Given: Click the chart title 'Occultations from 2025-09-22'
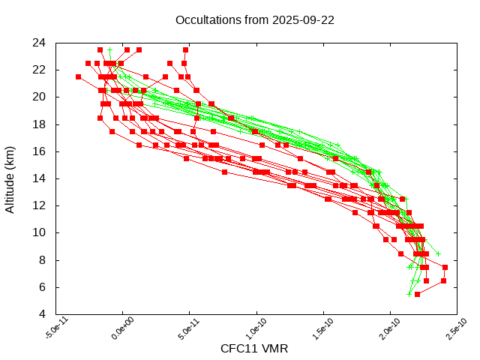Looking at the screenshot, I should pyautogui.click(x=254, y=20).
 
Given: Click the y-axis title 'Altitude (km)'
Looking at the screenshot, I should pyautogui.click(x=10, y=178).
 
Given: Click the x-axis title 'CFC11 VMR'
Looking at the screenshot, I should pyautogui.click(x=254, y=349).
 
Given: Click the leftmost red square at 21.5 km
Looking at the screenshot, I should pyautogui.click(x=78, y=76).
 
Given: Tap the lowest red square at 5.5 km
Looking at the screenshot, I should pyautogui.click(x=417, y=294).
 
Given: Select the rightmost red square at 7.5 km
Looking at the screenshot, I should pyautogui.click(x=445, y=267).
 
